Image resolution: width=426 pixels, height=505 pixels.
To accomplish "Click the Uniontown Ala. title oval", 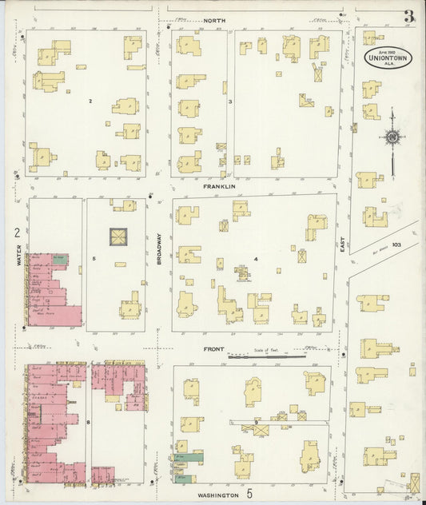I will click(388, 57).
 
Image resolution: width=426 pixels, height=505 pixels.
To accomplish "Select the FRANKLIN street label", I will click(218, 186).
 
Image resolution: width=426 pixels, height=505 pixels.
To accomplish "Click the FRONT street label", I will click(214, 348).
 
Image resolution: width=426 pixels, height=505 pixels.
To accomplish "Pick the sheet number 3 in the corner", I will click(408, 16).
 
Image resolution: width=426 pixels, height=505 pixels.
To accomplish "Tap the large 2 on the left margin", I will click(16, 233).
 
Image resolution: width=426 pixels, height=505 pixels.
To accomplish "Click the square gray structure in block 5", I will click(117, 237).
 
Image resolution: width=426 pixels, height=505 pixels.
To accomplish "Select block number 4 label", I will click(256, 259).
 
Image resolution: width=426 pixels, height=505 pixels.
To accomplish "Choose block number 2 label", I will click(91, 101).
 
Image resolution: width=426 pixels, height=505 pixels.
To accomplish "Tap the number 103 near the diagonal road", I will click(397, 245).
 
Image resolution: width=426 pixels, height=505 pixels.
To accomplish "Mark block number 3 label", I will click(229, 101).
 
